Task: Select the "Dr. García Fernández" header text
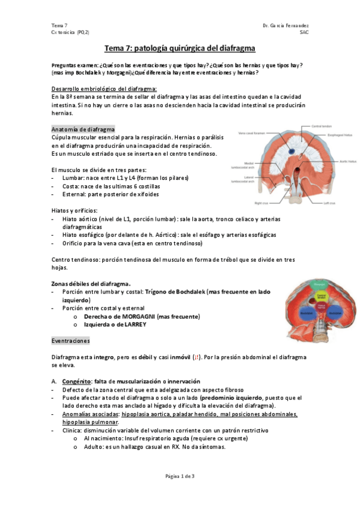pyautogui.click(x=286, y=25)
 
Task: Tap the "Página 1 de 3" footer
pyautogui.click(x=180, y=476)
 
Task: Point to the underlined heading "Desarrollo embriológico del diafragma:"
pyautogui.click(x=104, y=88)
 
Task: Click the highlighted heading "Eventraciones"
pyautogui.click(x=71, y=340)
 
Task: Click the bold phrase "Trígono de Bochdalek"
pyautogui.click(x=175, y=292)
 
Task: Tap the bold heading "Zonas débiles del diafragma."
pyautogui.click(x=91, y=283)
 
